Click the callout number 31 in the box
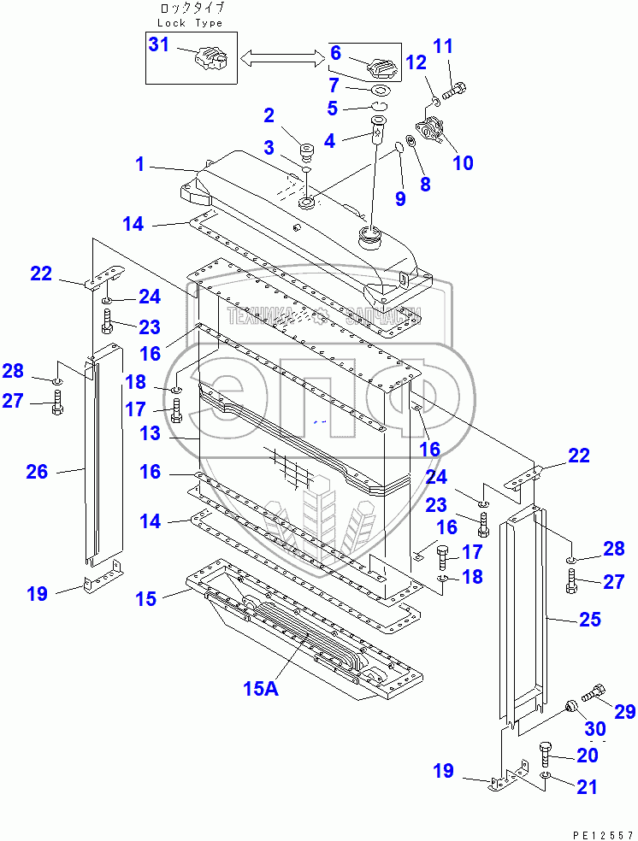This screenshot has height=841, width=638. tap(160, 44)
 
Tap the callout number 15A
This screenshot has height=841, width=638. tap(261, 689)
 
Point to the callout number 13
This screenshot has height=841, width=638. tap(151, 433)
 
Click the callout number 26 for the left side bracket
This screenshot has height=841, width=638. tap(37, 471)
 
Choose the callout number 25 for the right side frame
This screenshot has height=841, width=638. tap(590, 619)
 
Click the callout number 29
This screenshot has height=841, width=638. tap(625, 711)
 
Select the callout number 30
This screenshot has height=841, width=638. tap(596, 728)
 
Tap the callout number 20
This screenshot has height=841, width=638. tap(587, 756)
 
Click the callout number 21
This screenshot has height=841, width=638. tap(587, 787)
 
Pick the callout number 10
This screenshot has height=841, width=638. tap(463, 162)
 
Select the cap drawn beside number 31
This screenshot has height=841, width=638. tap(210, 62)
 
